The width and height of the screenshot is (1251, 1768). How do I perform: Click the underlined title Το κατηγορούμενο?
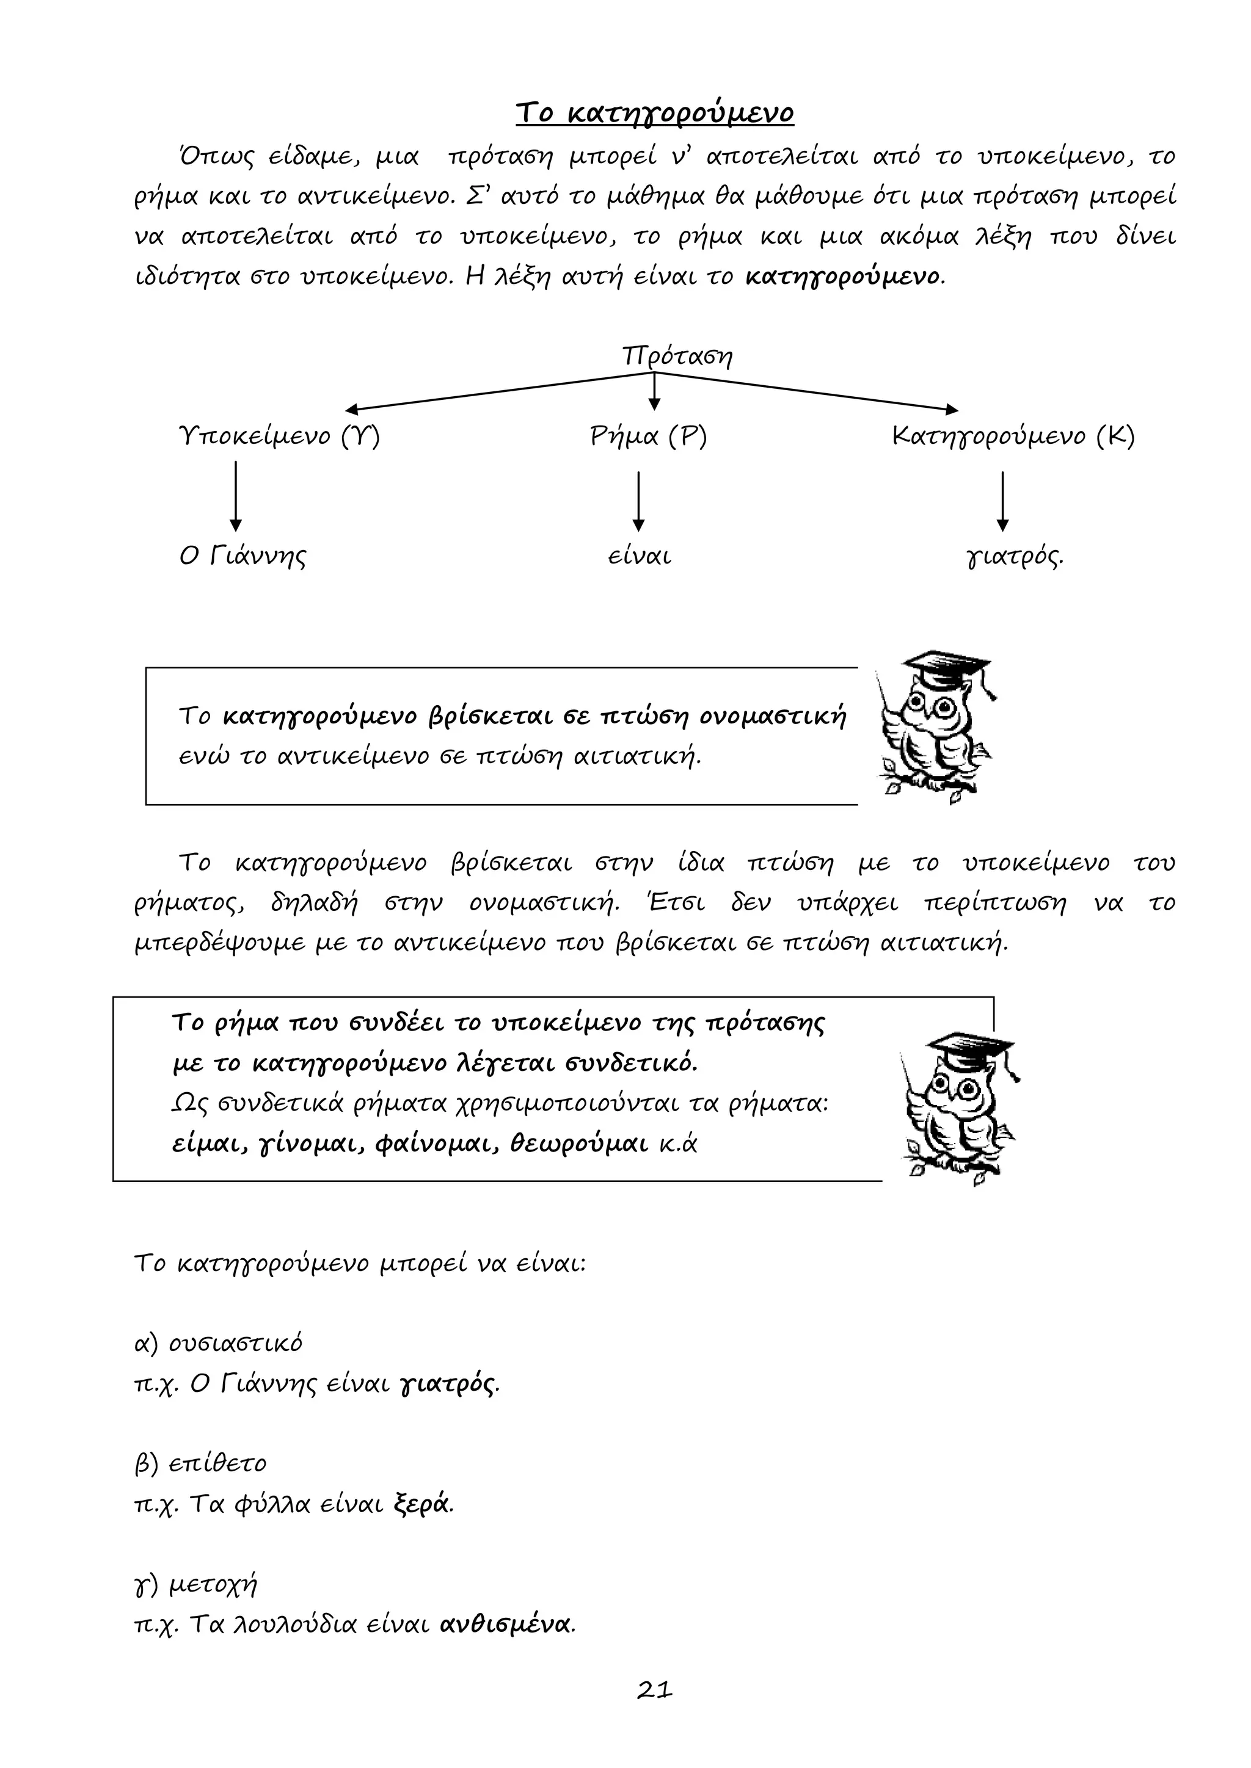[x=654, y=113]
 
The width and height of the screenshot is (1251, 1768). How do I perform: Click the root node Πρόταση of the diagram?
[x=677, y=357]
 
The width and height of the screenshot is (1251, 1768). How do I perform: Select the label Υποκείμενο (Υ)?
[x=279, y=437]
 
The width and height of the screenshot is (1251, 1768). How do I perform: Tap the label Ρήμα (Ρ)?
[x=648, y=437]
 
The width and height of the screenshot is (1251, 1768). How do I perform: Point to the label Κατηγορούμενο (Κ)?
[x=1013, y=437]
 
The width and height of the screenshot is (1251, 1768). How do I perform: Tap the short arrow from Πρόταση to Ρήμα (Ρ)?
[x=654, y=391]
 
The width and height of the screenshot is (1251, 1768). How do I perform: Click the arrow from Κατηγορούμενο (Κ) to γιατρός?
[x=1002, y=501]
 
